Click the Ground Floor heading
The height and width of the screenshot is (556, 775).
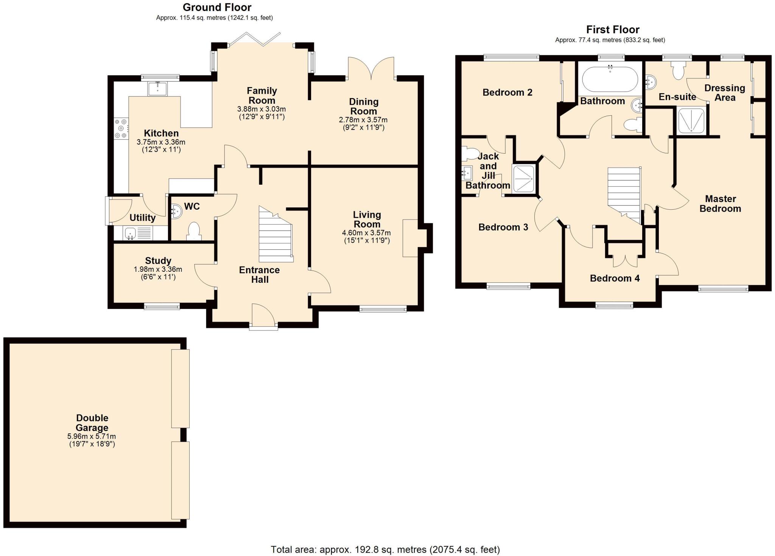click(x=217, y=7)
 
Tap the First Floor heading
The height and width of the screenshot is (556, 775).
click(x=613, y=30)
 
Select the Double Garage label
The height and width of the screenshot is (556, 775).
click(x=92, y=423)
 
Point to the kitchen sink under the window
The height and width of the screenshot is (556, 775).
click(x=157, y=89)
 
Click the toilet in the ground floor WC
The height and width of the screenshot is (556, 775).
click(x=193, y=231)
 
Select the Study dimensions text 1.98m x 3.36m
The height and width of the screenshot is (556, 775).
click(x=158, y=269)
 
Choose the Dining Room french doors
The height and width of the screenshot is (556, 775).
click(x=371, y=68)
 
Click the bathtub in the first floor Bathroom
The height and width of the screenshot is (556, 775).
click(x=610, y=79)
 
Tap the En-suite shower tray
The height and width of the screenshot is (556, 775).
click(x=691, y=121)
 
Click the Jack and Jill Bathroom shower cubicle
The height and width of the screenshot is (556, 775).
click(x=523, y=179)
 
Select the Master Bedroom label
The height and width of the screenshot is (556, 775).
click(x=720, y=204)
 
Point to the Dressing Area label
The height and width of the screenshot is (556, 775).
click(x=725, y=93)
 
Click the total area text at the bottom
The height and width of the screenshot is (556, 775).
click(x=385, y=549)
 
